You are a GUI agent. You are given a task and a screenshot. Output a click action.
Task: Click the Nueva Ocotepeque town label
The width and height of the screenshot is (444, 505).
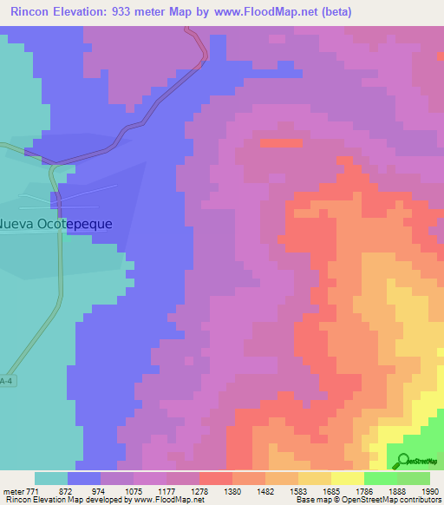(55, 223)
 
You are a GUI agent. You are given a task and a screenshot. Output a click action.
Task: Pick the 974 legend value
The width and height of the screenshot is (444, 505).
(100, 490)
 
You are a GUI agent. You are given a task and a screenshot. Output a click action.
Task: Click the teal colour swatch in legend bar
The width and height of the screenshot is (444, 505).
(51, 478)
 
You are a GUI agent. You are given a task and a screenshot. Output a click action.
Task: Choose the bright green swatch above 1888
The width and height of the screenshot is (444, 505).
(380, 478)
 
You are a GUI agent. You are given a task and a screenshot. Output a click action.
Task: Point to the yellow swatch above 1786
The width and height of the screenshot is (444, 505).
(347, 478)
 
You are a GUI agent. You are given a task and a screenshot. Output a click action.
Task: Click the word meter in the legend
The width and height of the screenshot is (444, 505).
(15, 490)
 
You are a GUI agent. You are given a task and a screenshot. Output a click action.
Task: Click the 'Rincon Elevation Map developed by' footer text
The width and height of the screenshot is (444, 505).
(63, 501)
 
